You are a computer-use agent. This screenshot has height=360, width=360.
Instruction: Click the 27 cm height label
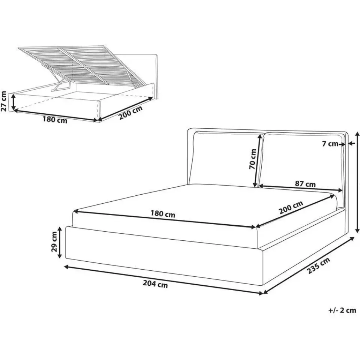tap(4, 101)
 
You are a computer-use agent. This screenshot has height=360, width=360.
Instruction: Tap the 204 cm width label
tap(155, 284)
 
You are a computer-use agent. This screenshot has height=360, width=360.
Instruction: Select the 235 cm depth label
tap(318, 265)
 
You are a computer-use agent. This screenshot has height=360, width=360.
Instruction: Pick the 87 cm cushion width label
tap(305, 184)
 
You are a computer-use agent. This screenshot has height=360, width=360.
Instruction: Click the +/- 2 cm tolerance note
tap(342, 310)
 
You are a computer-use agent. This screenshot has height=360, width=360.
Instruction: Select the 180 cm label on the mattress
tap(163, 214)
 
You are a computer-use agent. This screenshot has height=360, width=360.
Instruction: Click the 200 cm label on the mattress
tap(291, 207)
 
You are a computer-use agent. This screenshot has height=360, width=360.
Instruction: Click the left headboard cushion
tap(226, 158)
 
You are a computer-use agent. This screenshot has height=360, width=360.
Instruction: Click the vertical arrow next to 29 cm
tap(60, 242)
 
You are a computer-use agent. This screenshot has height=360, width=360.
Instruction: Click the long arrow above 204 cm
tap(163, 280)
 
